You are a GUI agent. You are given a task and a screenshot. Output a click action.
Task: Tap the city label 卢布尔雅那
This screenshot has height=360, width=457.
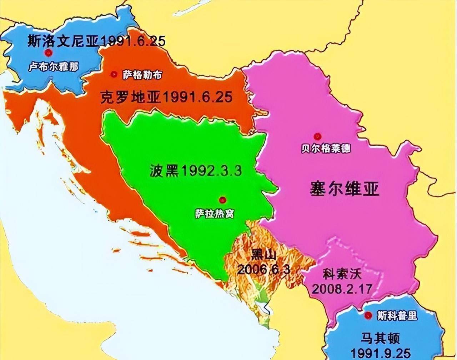click(x=54, y=67)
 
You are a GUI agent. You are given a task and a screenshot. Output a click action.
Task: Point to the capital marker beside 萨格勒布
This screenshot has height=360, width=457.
click(x=114, y=74)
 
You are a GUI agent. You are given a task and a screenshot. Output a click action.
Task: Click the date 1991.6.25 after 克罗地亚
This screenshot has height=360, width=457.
click(x=197, y=97)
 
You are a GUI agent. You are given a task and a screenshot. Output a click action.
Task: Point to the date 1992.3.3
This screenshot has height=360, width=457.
click(x=211, y=171)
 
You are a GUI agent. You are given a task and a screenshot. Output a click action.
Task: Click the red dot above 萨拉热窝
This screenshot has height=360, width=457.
click(x=223, y=199)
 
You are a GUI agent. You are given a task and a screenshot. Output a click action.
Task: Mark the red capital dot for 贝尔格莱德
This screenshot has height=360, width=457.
click(x=317, y=136)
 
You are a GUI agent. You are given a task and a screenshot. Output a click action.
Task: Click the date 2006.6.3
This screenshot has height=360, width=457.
click(x=263, y=269)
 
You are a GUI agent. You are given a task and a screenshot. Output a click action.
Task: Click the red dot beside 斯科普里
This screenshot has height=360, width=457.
click(x=368, y=315)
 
